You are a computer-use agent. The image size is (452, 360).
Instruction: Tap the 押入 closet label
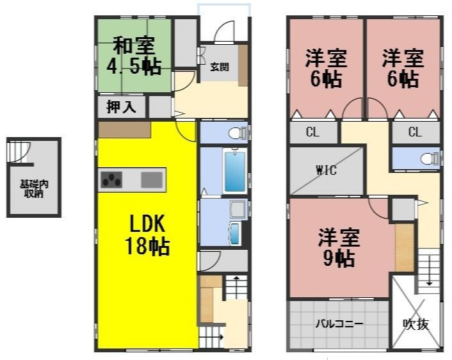point(122,107)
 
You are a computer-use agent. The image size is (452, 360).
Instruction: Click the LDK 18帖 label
point(149,235)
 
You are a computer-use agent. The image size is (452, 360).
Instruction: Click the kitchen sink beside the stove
point(152,179)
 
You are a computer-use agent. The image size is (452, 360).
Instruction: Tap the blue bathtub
point(234,170)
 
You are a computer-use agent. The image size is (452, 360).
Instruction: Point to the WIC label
point(326,170)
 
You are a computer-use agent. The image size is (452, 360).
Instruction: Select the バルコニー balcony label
point(339,324)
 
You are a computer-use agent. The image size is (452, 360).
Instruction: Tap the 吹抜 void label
point(416,324)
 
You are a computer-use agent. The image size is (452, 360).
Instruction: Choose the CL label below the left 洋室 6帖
point(312,133)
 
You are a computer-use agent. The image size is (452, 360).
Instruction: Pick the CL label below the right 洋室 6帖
point(415,133)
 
